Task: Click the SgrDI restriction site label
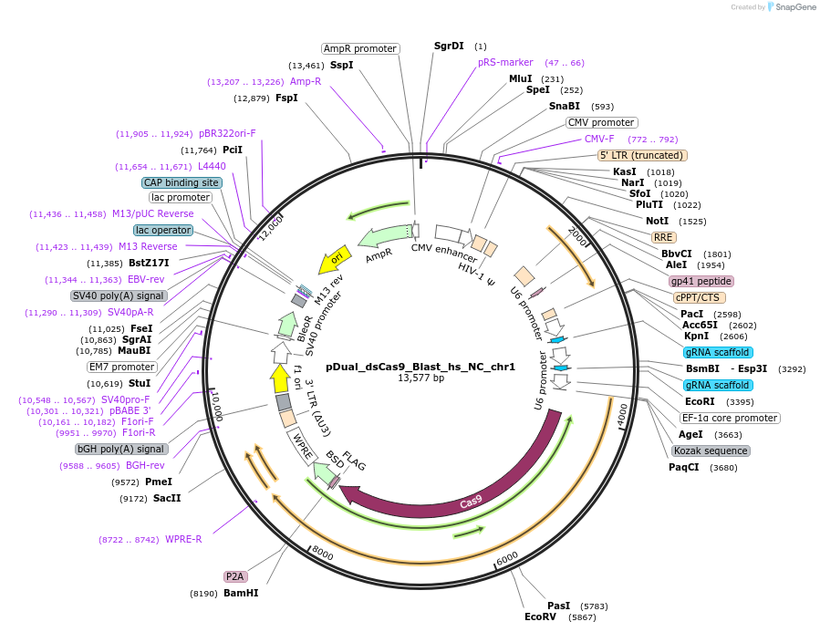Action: click(x=449, y=46)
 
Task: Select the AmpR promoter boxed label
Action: click(x=360, y=48)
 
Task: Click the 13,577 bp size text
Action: click(x=420, y=378)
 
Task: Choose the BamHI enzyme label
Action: click(x=242, y=594)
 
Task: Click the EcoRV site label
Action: click(x=540, y=617)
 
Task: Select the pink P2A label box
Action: click(x=235, y=576)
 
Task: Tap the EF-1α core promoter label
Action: click(x=730, y=418)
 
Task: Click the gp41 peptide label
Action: click(x=701, y=281)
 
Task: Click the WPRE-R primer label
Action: click(x=183, y=539)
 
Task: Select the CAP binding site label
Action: click(x=182, y=182)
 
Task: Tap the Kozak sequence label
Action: click(x=711, y=451)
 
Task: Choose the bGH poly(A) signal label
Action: click(x=121, y=449)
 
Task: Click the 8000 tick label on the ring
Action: click(x=323, y=552)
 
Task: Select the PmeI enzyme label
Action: click(x=159, y=482)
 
